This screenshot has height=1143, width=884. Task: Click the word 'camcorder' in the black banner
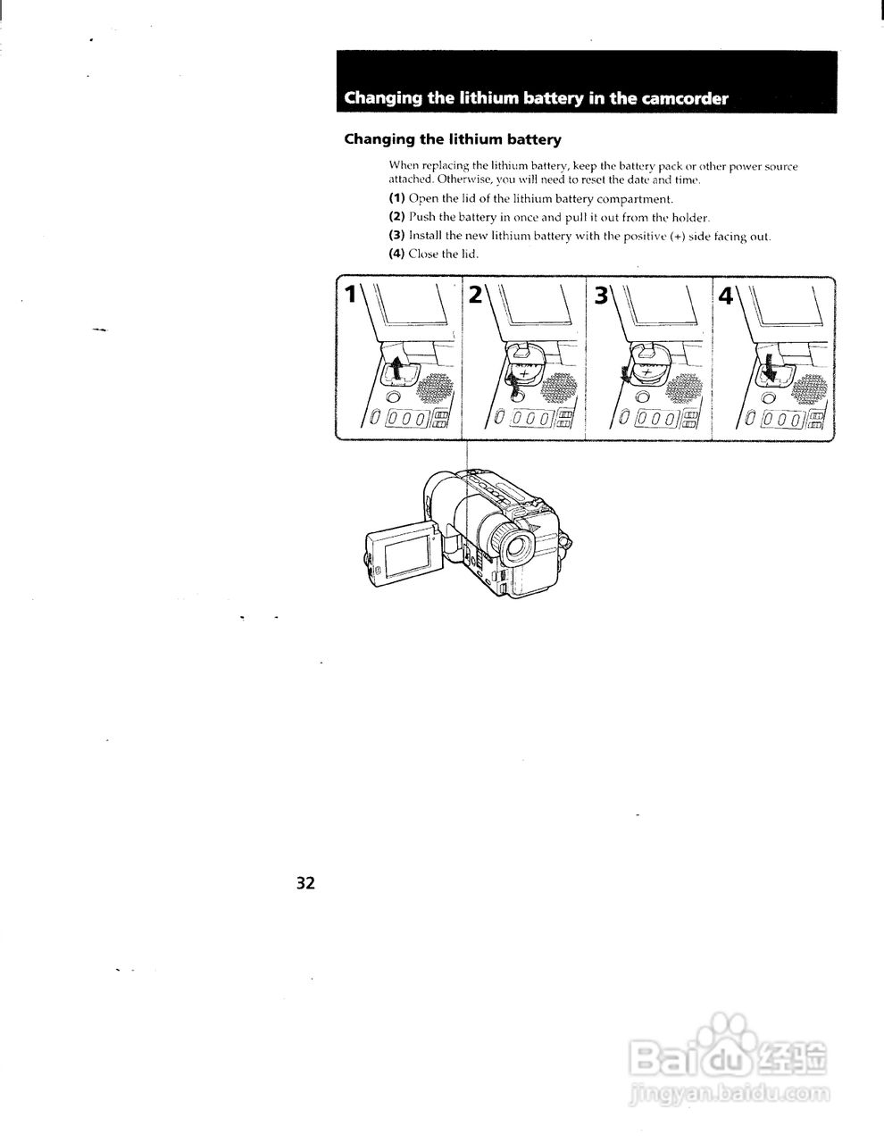pyautogui.click(x=684, y=98)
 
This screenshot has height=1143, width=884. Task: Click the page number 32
pyautogui.click(x=305, y=883)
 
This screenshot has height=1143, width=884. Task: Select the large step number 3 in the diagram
pyautogui.click(x=601, y=295)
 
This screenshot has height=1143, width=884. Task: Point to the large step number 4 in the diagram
pyautogui.click(x=726, y=295)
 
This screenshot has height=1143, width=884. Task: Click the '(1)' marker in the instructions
pyautogui.click(x=397, y=199)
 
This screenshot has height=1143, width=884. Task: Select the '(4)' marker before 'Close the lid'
pyautogui.click(x=397, y=254)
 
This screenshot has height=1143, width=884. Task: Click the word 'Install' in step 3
pyautogui.click(x=425, y=237)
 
